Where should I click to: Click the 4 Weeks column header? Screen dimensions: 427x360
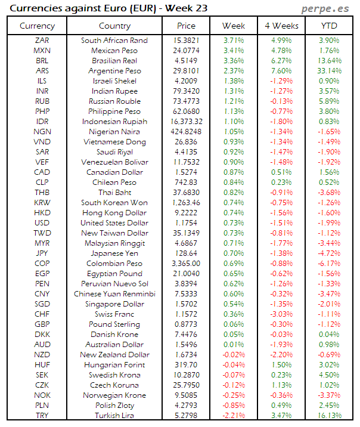[x=281, y=26]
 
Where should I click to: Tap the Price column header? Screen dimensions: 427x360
[x=186, y=26]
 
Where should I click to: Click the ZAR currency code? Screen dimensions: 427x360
[x=42, y=41]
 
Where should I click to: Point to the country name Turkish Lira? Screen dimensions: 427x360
[x=114, y=416]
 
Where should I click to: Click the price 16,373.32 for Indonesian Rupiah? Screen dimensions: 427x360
[x=186, y=122]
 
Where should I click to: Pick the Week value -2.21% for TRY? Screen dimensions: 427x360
[x=233, y=416]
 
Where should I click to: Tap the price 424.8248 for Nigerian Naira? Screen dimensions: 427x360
[x=186, y=132]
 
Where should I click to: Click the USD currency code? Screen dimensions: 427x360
[x=42, y=223]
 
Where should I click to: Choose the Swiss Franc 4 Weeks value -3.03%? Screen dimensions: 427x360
[x=281, y=314]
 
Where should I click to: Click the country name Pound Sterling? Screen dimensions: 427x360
[x=114, y=324]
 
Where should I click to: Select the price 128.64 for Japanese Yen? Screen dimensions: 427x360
[x=186, y=253]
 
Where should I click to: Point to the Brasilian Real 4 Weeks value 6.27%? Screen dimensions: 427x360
[x=281, y=61]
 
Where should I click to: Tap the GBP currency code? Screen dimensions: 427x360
[x=42, y=324]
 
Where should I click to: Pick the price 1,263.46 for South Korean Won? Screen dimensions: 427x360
[x=186, y=203]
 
